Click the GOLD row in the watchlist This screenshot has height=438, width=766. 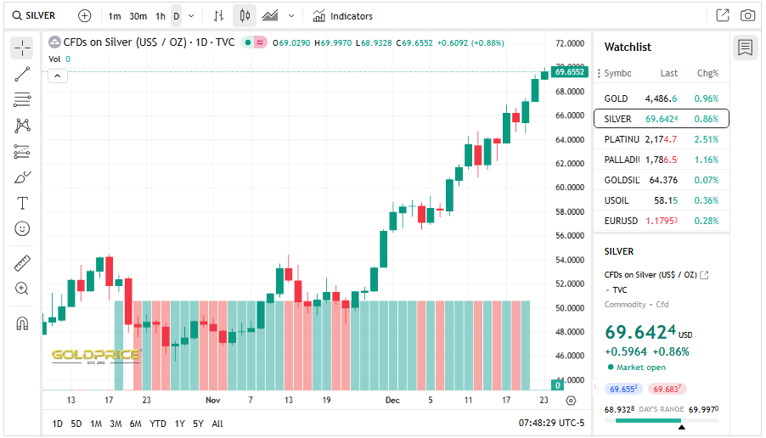(661, 98)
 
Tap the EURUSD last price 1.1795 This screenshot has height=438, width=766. (661, 221)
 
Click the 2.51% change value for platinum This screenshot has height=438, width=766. (706, 139)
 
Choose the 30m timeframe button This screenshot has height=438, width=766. (138, 16)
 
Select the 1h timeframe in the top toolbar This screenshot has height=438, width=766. (160, 16)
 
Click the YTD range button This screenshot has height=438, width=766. (157, 424)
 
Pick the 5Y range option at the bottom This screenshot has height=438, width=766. (198, 424)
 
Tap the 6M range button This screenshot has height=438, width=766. (135, 424)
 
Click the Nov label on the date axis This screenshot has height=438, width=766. (212, 400)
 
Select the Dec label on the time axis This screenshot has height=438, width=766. (391, 400)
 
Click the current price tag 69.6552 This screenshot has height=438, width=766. (569, 72)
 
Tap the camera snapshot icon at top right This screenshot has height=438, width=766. (747, 15)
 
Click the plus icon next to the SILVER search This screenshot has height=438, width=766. (85, 15)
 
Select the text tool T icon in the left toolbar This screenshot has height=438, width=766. (23, 203)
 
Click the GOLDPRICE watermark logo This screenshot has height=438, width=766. (95, 355)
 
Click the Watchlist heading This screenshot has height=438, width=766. (628, 48)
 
